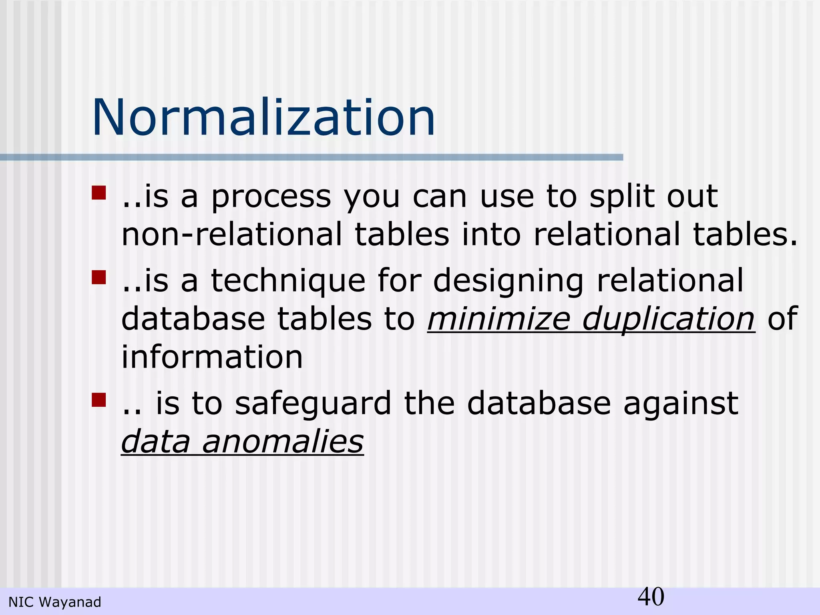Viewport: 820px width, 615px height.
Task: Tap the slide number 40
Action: coord(651,597)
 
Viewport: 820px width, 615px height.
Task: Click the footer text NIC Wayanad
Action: coord(55,602)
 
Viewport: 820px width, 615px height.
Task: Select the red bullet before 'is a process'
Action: coord(98,193)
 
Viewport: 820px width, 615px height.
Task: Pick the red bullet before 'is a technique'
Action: coord(98,277)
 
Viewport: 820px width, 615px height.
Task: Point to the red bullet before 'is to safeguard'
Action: coord(98,400)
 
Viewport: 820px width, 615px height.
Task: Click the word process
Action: coord(271,197)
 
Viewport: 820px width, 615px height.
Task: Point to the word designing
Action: coord(508,281)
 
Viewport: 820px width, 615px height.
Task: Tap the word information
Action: coord(212,357)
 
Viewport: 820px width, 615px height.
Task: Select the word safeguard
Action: coord(313,404)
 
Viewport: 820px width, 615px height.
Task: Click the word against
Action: coord(681,404)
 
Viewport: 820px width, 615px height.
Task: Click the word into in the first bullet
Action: coord(491,234)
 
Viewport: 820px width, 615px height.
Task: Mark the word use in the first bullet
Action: coord(507,197)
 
